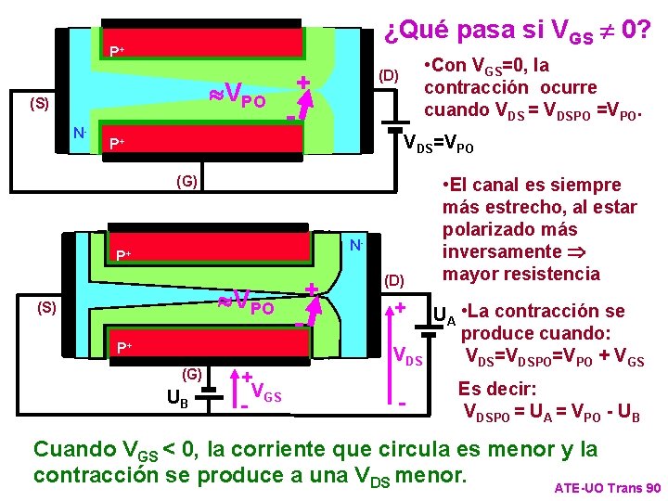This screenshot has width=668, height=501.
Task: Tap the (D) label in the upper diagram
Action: [x=387, y=75]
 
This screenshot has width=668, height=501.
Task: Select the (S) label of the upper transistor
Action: [x=39, y=103]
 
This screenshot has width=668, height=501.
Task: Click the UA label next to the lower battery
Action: [x=444, y=316]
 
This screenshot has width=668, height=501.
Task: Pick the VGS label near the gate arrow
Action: [x=266, y=397]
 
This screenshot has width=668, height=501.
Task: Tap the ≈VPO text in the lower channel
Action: [x=245, y=302]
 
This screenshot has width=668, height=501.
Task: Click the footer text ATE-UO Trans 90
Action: [x=607, y=487]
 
